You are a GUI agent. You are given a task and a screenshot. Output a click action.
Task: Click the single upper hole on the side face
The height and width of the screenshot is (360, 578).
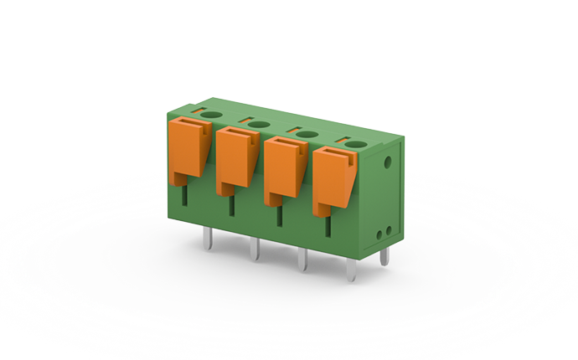point(388,158)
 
